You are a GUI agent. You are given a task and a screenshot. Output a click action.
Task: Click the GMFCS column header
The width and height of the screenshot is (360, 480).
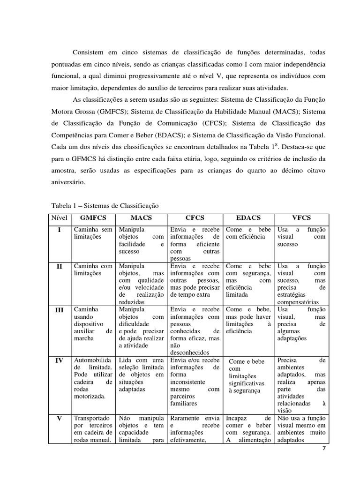[x=93, y=218]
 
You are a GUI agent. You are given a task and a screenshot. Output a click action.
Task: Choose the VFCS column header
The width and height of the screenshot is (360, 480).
[x=302, y=218]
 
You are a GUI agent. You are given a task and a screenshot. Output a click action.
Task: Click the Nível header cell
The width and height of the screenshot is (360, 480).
[x=60, y=218]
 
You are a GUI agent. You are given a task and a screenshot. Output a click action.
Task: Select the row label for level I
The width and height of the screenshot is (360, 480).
[x=60, y=230]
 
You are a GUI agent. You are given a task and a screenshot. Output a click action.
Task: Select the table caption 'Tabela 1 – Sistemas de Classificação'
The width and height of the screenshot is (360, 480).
[x=105, y=205]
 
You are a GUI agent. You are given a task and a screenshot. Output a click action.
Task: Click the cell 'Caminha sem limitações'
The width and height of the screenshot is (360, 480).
[x=93, y=233]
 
